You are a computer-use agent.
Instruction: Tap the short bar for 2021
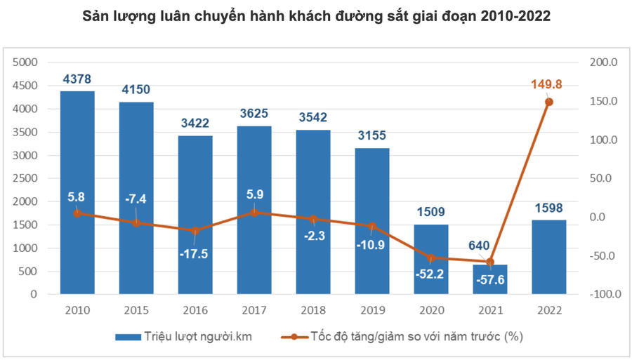tap(490, 281)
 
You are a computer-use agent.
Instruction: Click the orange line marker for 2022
tap(549, 102)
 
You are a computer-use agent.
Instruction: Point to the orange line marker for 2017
tap(254, 212)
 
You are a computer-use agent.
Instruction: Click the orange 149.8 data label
tap(548, 85)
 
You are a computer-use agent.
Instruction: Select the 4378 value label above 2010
tap(77, 79)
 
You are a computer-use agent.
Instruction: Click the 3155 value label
tap(371, 135)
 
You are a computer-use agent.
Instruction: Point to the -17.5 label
tap(195, 253)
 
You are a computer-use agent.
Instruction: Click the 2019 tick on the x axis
tap(371, 309)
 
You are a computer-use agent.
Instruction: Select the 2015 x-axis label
tap(136, 309)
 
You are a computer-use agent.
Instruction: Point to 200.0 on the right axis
tap(603, 62)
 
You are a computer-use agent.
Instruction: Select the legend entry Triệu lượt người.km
tap(184, 337)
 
